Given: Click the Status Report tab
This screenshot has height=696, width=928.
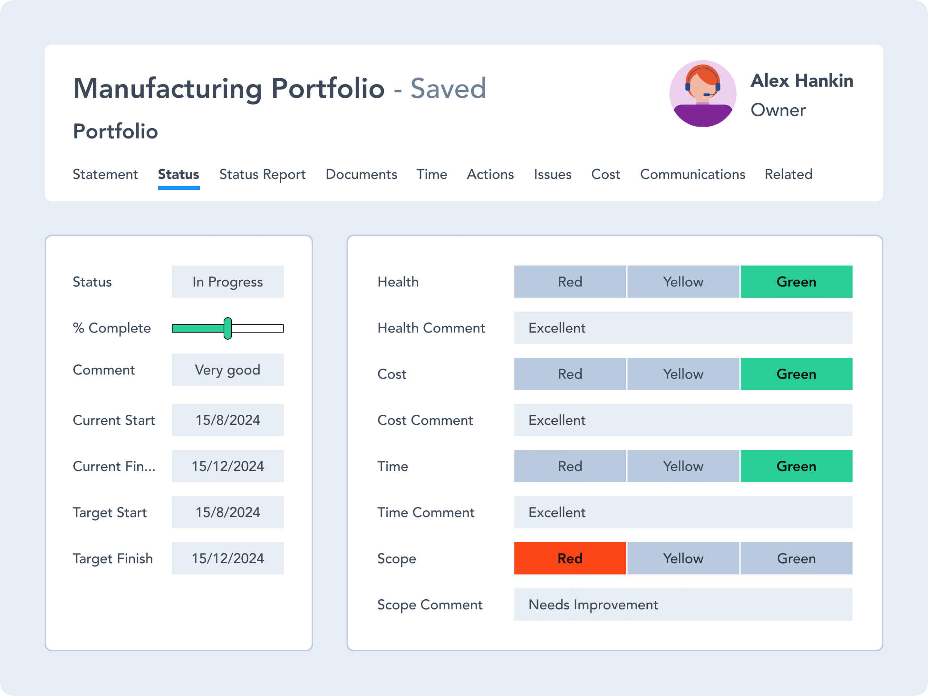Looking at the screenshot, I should tap(262, 174).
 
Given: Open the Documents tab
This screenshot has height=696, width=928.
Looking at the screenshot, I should tap(361, 174).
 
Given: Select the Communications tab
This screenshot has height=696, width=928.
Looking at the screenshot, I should tap(692, 174).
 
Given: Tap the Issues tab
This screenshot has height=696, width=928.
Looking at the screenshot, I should tap(552, 174).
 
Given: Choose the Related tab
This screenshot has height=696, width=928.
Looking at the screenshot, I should tap(788, 174).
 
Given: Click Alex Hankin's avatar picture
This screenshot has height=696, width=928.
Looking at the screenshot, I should tap(703, 94).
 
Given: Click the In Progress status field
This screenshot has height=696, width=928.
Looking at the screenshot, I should tap(227, 282).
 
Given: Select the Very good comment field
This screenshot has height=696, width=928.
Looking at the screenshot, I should tap(227, 370).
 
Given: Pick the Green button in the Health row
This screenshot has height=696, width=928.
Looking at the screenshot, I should tap(796, 282).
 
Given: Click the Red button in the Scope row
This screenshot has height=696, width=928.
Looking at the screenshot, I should tap(570, 558).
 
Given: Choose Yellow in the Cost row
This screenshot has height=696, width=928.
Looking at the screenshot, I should tap(683, 374).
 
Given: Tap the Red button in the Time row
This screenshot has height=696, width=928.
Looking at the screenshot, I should tap(570, 466).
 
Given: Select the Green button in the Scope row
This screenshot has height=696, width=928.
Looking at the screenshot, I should tap(796, 558).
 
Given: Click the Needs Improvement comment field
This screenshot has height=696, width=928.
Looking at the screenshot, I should tap(683, 605).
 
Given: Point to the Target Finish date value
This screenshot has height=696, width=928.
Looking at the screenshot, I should tap(227, 558).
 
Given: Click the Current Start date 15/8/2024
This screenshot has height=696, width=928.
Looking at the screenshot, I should tap(227, 420).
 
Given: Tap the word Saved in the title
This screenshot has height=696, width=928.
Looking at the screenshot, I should tap(448, 88).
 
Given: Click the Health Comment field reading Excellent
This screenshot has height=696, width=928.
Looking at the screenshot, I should tap(683, 328).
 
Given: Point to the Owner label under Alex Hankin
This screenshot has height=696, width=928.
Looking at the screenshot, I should tap(778, 110).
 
